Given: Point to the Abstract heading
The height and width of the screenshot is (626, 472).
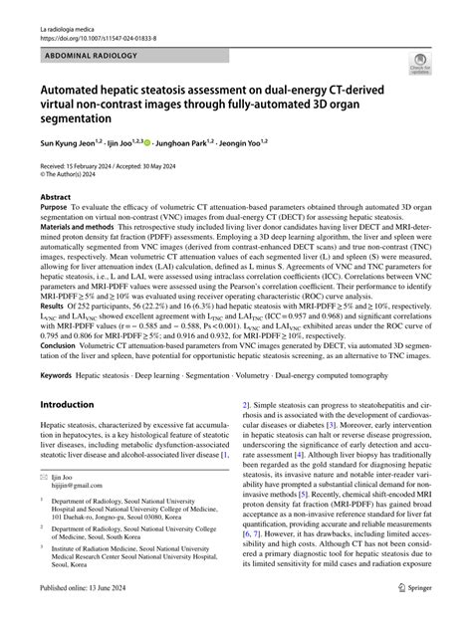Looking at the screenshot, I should (55, 198).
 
